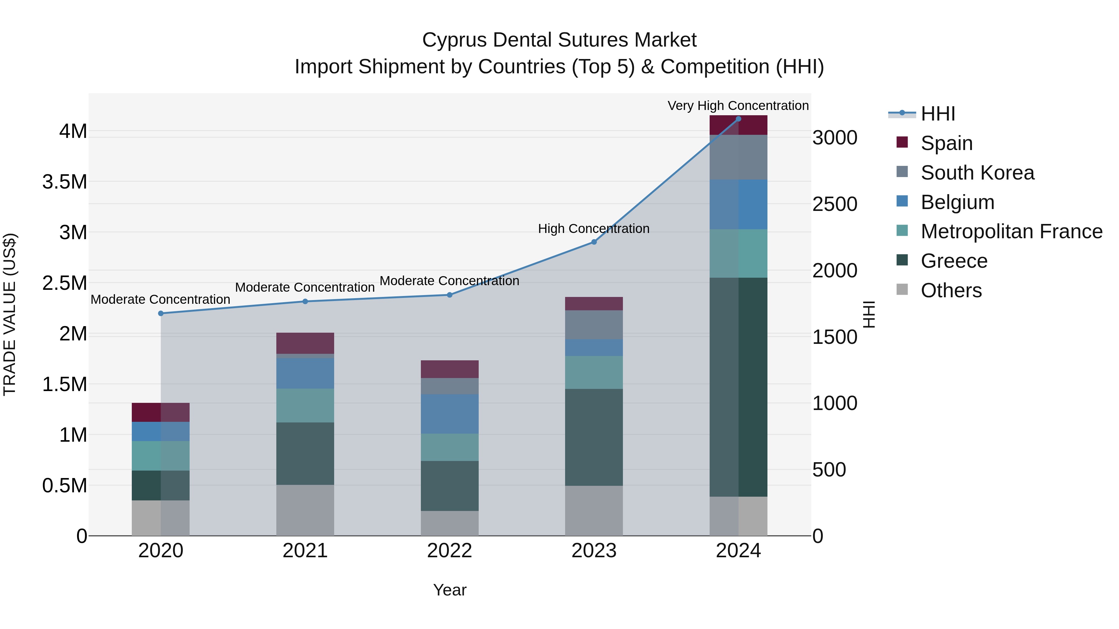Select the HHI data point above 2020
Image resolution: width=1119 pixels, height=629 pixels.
coord(161,313)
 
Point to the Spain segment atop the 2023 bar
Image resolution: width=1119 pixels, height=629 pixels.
coord(594,303)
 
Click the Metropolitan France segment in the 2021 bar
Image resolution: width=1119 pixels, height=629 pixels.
coord(305,405)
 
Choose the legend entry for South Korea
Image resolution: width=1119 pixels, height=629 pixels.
coord(977,172)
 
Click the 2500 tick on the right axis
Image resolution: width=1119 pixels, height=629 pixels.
coord(835,204)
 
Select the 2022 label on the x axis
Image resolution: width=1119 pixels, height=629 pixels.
coord(449,550)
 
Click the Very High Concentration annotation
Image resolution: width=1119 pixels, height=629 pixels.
coord(738,106)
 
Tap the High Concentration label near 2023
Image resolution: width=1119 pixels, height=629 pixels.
coord(593,228)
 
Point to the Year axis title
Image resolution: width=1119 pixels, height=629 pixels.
coord(449,590)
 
